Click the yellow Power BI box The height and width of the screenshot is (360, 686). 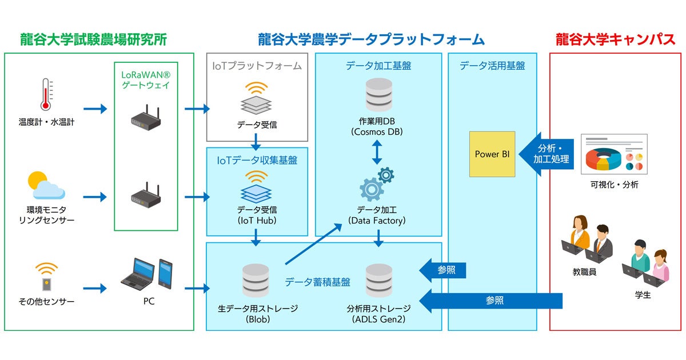(x=492, y=154)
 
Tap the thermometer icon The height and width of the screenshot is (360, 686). (x=46, y=94)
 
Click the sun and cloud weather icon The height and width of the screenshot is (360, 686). (x=45, y=185)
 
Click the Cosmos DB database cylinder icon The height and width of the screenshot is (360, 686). (x=378, y=94)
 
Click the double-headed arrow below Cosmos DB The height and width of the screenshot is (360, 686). (x=377, y=153)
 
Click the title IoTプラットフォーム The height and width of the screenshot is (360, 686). (x=257, y=66)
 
